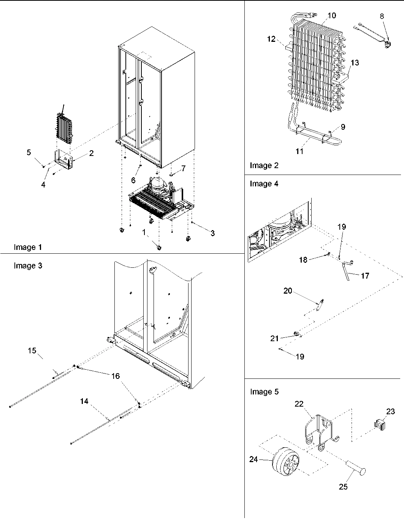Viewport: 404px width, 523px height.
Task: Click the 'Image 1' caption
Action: click(28, 247)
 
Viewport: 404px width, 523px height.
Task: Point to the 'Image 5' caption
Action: click(264, 392)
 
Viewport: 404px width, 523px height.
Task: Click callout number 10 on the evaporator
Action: click(331, 16)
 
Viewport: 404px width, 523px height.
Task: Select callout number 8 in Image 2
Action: click(382, 16)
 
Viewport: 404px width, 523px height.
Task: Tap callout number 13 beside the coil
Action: click(354, 63)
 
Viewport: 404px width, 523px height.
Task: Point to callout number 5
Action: click(29, 153)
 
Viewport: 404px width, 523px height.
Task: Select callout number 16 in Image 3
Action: click(115, 376)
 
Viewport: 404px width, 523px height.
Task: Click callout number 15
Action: click(32, 350)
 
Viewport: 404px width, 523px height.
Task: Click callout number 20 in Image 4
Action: click(288, 291)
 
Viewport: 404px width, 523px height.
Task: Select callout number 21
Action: click(274, 338)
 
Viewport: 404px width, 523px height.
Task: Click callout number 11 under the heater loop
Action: click(299, 151)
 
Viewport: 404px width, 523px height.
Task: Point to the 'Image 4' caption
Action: click(264, 184)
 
